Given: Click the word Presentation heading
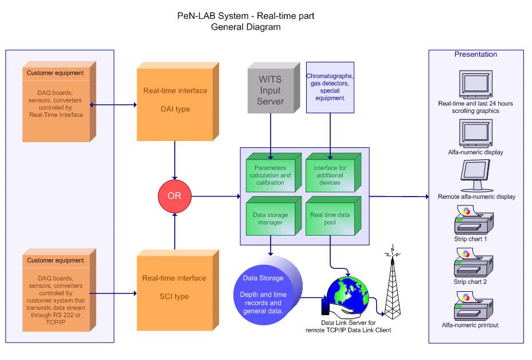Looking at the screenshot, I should click(476, 54).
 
